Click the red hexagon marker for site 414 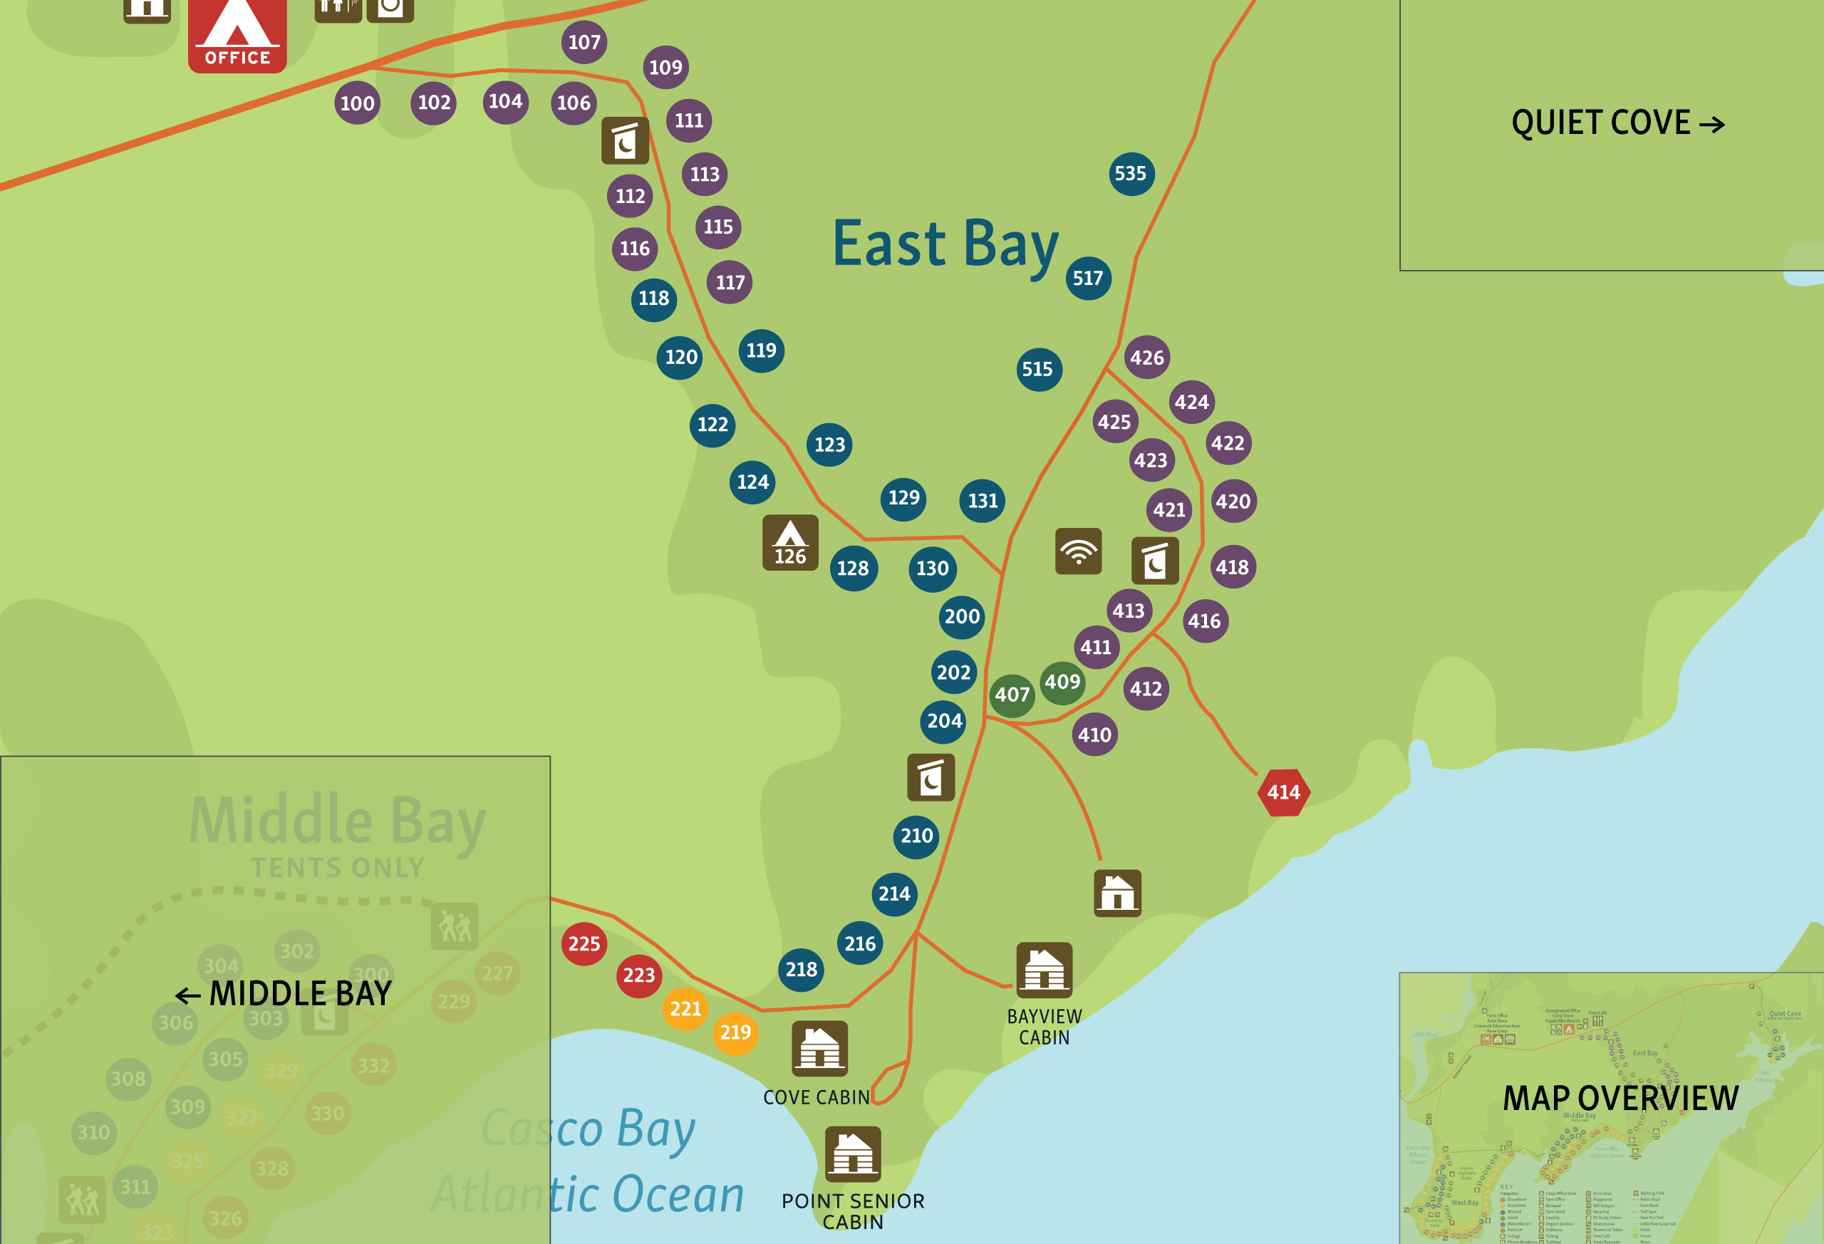[1283, 792]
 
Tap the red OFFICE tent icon [237, 36]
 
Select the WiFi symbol [1079, 551]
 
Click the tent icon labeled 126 [790, 542]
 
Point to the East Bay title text [945, 245]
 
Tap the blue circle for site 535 [1131, 173]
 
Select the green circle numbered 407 [1012, 695]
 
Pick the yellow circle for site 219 [735, 1032]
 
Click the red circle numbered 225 [584, 943]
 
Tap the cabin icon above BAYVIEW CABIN [1044, 970]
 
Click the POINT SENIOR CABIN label [852, 1211]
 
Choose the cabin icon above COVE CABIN [819, 1049]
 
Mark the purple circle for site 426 [1146, 358]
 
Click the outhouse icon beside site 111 [625, 140]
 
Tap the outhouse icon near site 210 [931, 777]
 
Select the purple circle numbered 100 [357, 103]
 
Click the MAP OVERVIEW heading [1620, 1098]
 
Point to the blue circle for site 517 [1088, 278]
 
